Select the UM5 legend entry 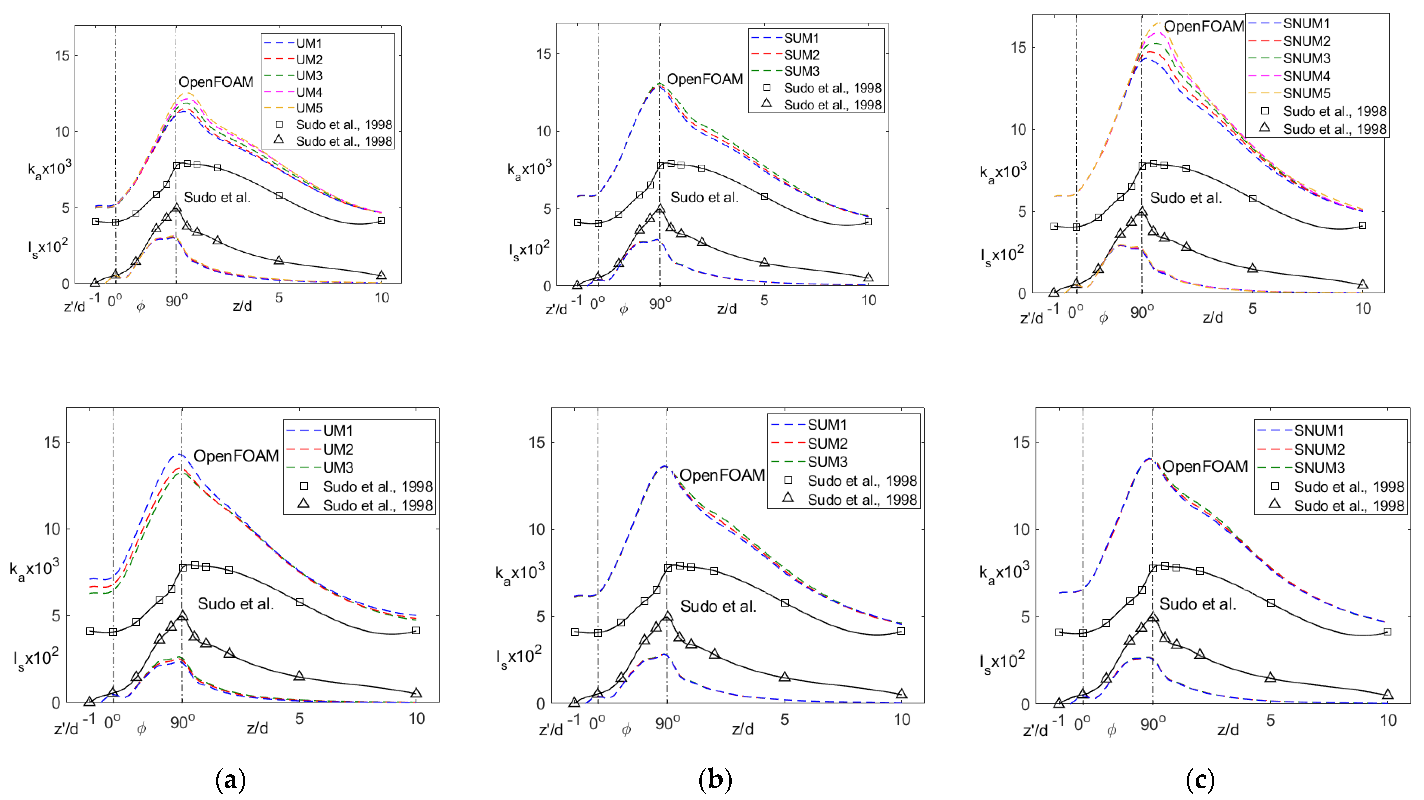point(309,108)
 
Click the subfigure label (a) point(230,780)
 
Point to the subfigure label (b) point(715,780)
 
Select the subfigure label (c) point(1200,780)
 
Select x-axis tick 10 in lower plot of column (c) point(1388,720)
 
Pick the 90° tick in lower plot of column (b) point(667,724)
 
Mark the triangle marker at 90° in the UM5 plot point(176,208)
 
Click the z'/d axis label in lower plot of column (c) point(1035,731)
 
